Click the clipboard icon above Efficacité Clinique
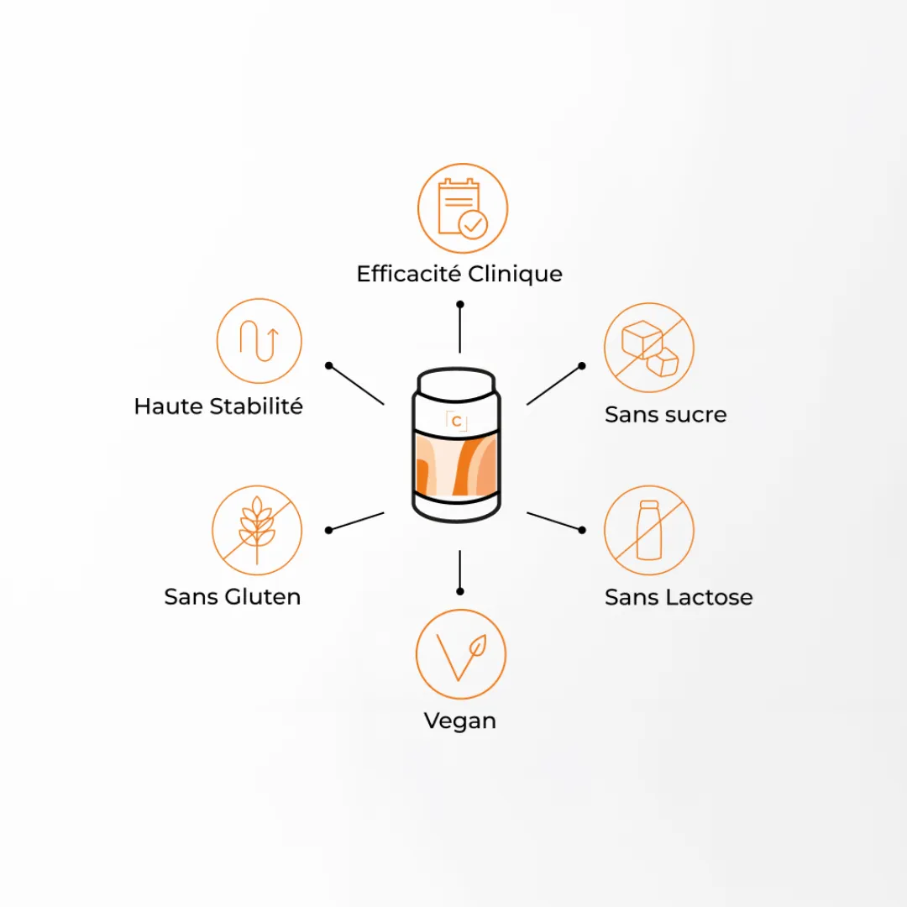462,208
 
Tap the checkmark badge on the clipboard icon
473,224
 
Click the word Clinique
515,275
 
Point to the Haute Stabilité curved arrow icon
260,341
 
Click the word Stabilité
255,406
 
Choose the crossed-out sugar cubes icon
649,348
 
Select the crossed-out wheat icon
257,530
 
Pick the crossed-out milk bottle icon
649,530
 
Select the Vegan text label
460,721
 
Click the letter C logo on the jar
456,421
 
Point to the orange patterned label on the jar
456,464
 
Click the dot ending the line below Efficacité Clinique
460,304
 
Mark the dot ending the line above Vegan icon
460,591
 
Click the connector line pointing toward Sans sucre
555,385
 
